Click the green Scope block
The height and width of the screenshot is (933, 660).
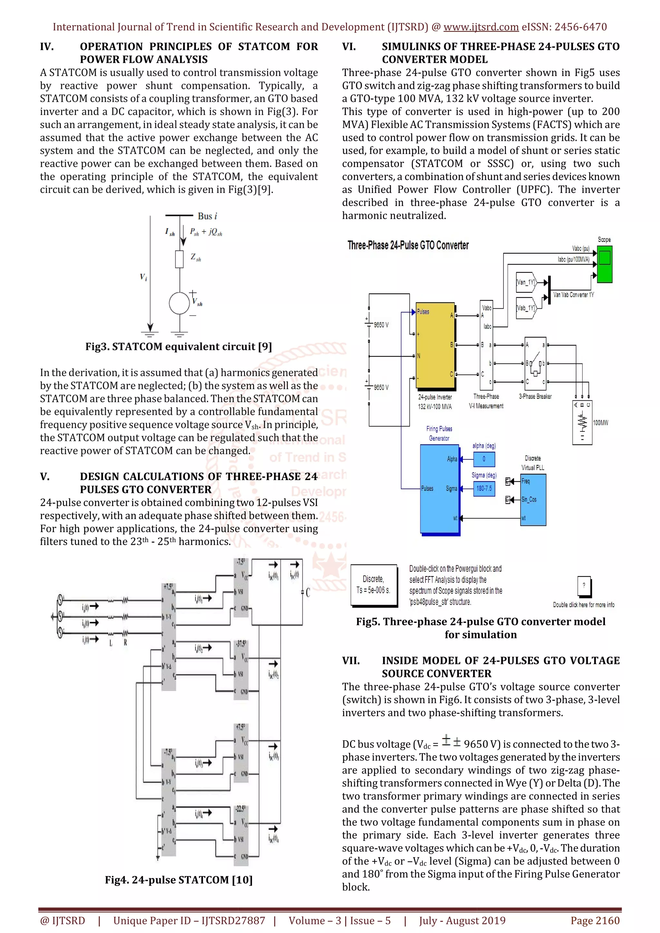pyautogui.click(x=605, y=264)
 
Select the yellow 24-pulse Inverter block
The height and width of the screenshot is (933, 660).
pyautogui.click(x=434, y=345)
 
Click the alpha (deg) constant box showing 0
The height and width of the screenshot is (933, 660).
pyautogui.click(x=484, y=459)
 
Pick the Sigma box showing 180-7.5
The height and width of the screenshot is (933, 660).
pyautogui.click(x=484, y=488)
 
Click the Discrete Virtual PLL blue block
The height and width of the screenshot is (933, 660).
pyautogui.click(x=533, y=499)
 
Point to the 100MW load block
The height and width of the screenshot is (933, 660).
pyautogui.click(x=582, y=423)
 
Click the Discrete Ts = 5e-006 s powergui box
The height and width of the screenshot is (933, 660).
pyautogui.click(x=374, y=585)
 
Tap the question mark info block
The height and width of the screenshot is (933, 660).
pyautogui.click(x=584, y=586)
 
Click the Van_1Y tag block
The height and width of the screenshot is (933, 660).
pyautogui.click(x=526, y=282)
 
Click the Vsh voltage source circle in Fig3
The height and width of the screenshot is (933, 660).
pyautogui.click(x=179, y=303)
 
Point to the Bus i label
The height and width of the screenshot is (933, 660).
pyautogui.click(x=207, y=216)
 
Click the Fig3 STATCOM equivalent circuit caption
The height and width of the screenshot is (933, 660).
pyautogui.click(x=179, y=347)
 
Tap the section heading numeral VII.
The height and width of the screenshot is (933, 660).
pyautogui.click(x=351, y=661)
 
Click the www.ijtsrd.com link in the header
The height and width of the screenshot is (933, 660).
pyautogui.click(x=481, y=27)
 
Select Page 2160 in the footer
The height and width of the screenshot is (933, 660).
pyautogui.click(x=595, y=920)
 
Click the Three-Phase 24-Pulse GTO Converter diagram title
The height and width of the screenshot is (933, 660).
pyautogui.click(x=408, y=245)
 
